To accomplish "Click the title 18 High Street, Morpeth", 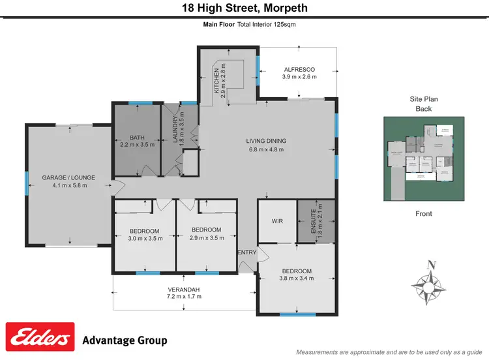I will (x=244, y=8).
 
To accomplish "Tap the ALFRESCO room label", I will (x=299, y=69).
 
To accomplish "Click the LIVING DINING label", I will (x=266, y=141).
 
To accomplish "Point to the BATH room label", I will (x=137, y=138).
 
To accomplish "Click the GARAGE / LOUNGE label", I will (x=64, y=177).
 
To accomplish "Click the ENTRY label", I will (x=247, y=252).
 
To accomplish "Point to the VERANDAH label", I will (x=183, y=290).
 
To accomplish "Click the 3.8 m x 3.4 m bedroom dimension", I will (x=297, y=278).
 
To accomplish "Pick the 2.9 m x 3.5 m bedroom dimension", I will (x=206, y=237).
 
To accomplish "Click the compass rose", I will (x=430, y=283).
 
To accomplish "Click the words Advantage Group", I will (x=125, y=340).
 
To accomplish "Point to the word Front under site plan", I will (x=423, y=213).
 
